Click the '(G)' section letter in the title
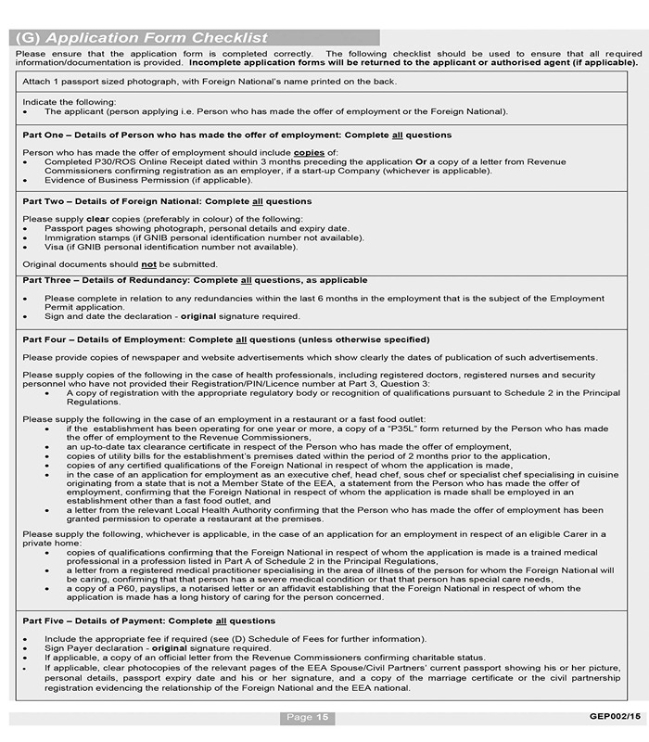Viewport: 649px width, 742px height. [28, 38]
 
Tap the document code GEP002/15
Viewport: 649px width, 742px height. [615, 716]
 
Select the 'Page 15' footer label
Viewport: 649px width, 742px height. [307, 717]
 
